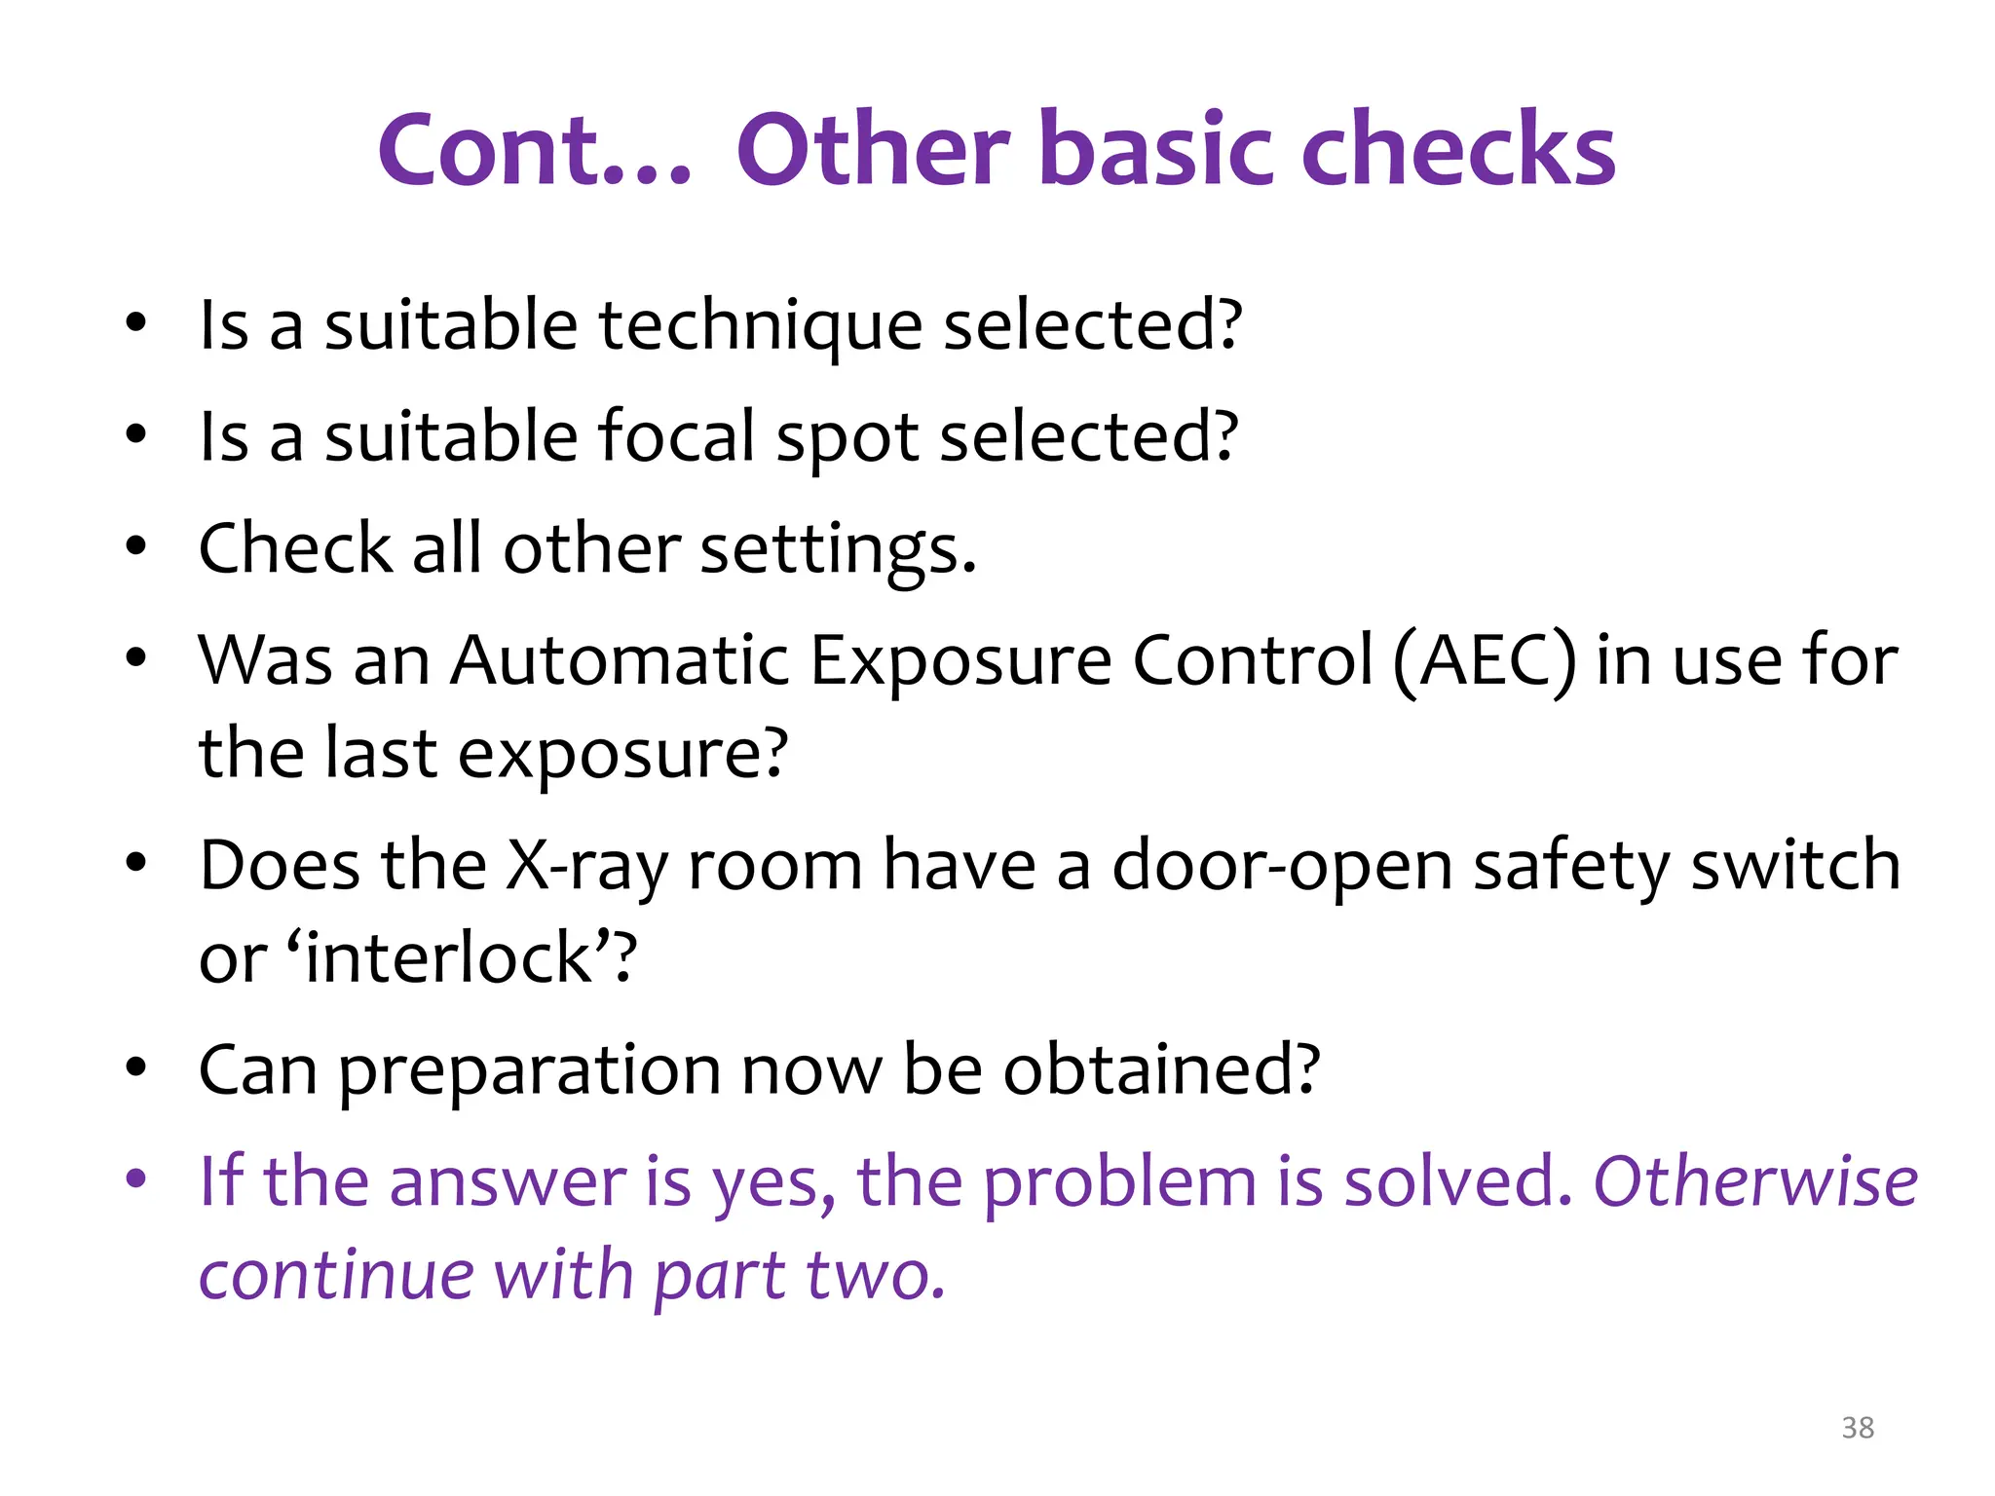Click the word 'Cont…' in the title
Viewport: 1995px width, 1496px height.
534,151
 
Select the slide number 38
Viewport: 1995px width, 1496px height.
1858,1428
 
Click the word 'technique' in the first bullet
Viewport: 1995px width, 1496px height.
760,326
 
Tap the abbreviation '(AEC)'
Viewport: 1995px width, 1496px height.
1485,662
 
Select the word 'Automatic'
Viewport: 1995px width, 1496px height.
620,662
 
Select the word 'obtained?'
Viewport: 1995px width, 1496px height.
1161,1071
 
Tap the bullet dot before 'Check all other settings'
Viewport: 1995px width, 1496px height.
136,547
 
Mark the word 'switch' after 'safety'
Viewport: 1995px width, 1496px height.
1794,867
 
